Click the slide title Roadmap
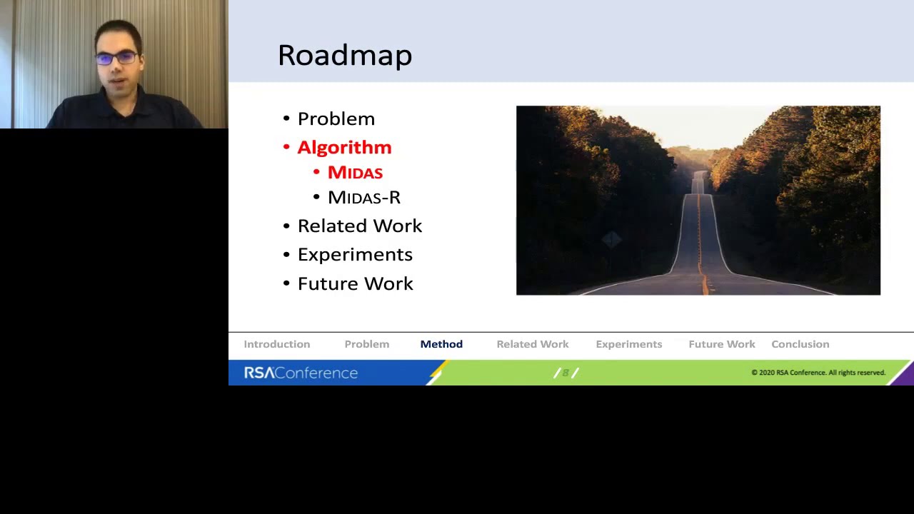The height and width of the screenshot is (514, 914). pos(344,55)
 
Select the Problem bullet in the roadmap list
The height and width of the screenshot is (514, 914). pos(336,119)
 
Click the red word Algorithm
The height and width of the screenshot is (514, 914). pos(344,147)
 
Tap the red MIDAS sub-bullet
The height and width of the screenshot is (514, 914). pos(355,173)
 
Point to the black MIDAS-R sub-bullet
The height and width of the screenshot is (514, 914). pos(363,198)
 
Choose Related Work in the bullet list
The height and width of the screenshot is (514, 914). pos(359,226)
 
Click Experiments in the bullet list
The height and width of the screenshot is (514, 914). pos(355,255)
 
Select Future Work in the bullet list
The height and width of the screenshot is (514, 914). pos(355,283)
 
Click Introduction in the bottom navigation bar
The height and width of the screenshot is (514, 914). pos(276,344)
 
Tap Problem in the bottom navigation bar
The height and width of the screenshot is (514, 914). pos(366,344)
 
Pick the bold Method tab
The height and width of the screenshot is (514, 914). pos(441,344)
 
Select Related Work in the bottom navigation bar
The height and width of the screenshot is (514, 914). pos(532,344)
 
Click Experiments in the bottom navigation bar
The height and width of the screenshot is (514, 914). pos(628,344)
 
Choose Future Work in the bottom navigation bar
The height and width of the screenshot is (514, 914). pos(721,344)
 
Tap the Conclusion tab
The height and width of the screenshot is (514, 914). pos(800,344)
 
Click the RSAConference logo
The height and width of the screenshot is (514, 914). pos(301,373)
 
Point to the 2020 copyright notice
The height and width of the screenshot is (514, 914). pos(818,373)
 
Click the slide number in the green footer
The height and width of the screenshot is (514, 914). pos(566,373)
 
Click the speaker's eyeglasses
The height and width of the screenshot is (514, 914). pos(116,58)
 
